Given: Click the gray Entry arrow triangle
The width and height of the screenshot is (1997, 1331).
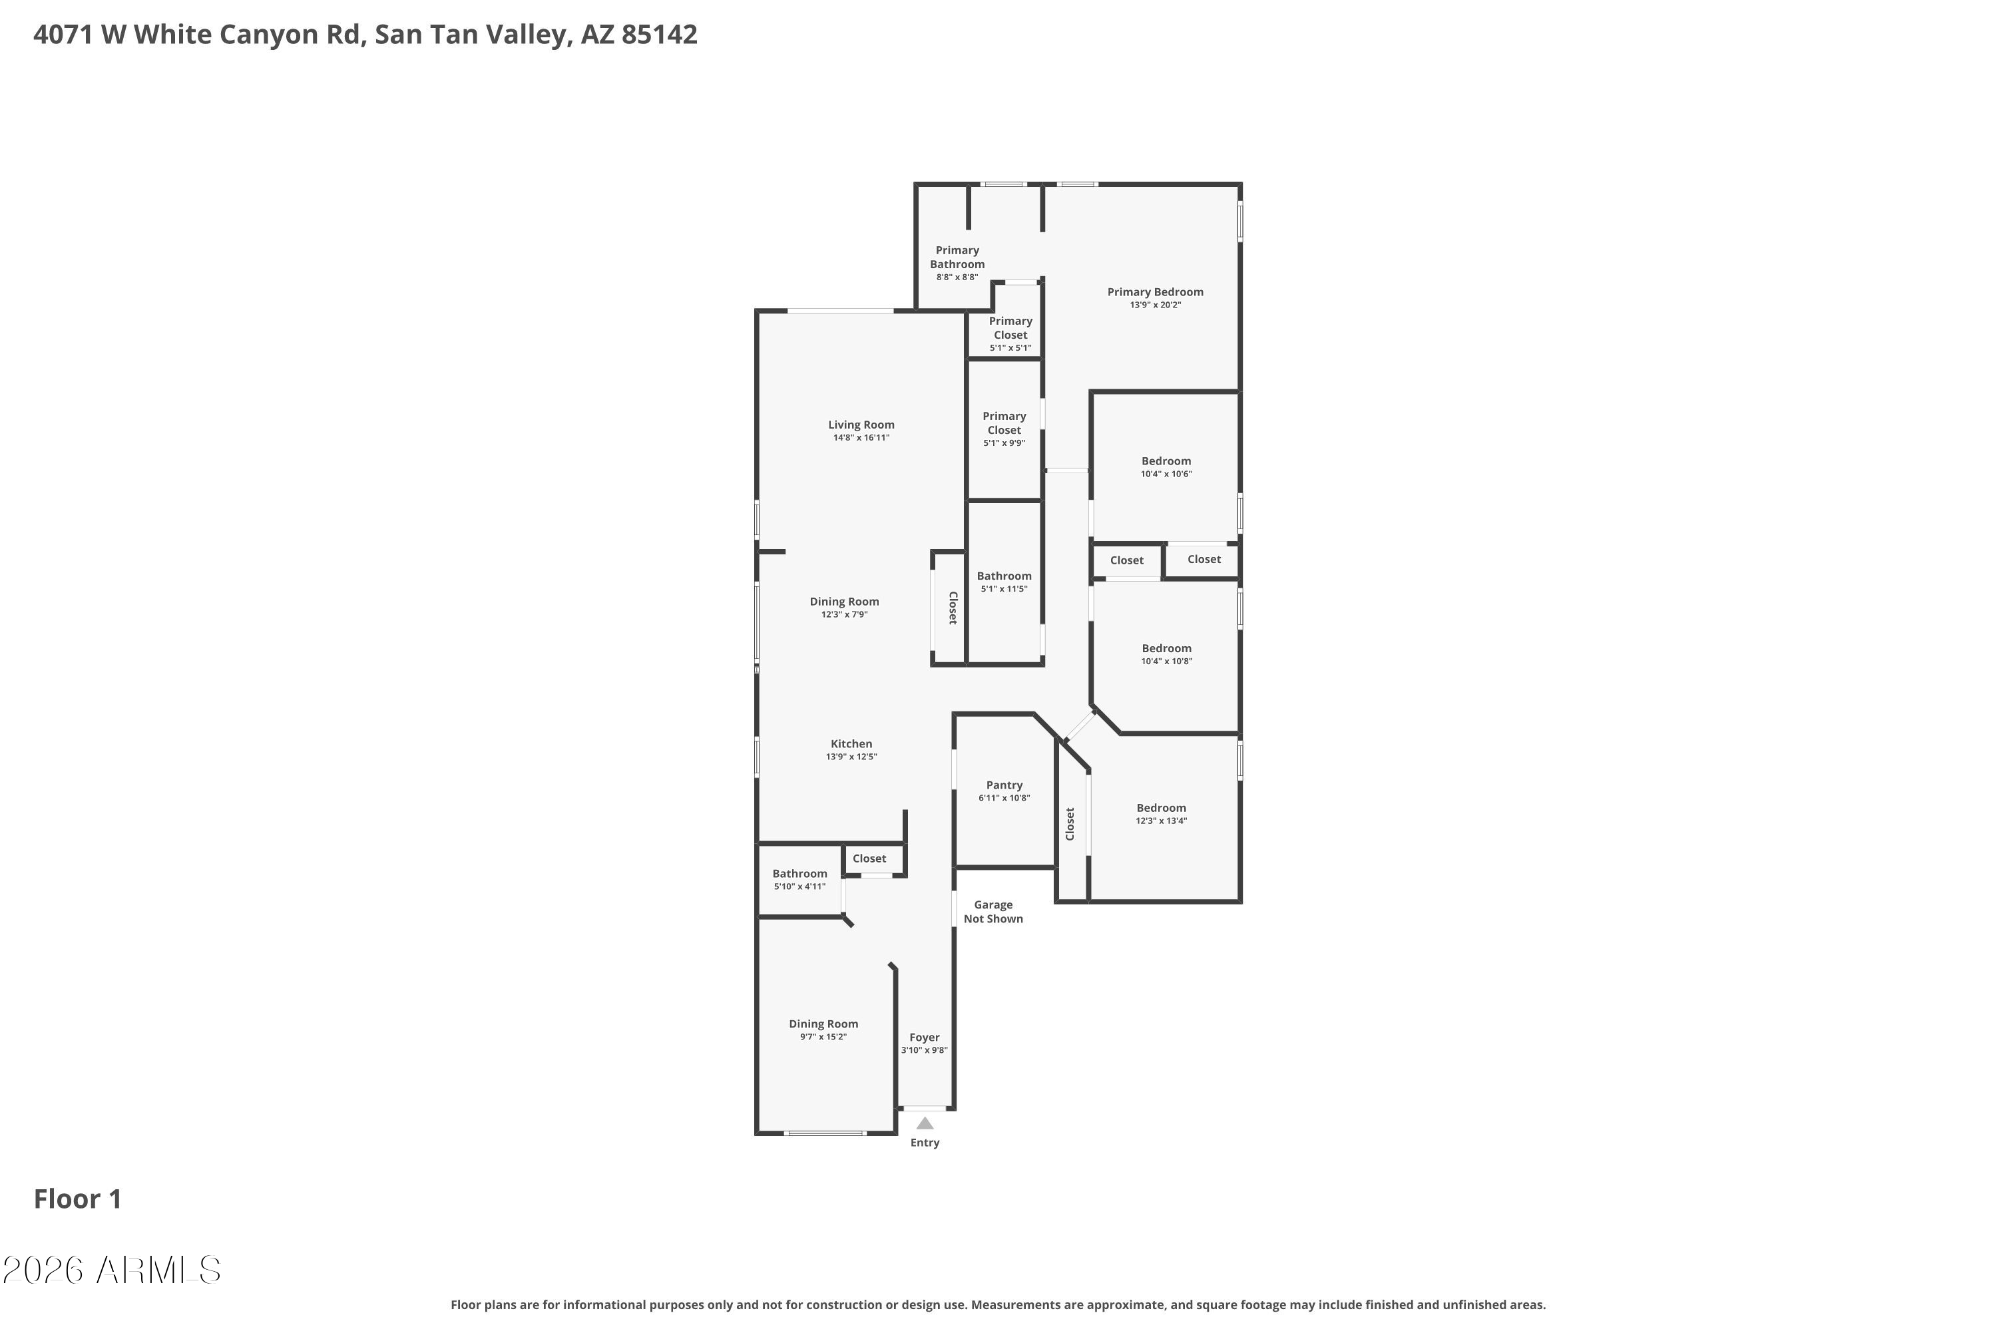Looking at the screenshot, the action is (925, 1123).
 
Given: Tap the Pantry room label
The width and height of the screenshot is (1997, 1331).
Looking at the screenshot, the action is (1004, 785).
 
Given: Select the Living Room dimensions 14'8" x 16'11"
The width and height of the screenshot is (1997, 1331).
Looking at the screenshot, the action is (861, 438).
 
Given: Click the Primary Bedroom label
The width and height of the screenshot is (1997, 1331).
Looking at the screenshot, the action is (1155, 292).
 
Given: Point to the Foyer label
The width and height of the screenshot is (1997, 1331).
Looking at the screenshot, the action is (925, 1038).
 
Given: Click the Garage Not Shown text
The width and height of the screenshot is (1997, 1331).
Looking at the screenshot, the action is (993, 912).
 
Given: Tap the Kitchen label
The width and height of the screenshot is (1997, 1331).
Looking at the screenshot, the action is (851, 743).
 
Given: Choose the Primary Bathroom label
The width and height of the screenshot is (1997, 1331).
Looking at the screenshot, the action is (958, 257).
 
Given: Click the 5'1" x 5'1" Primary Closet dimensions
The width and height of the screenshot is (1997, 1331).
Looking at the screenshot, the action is (1010, 348).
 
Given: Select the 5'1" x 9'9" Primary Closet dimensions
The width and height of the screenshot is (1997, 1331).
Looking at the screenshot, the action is (1004, 443).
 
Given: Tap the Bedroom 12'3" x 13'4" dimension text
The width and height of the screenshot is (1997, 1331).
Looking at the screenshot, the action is (1162, 821).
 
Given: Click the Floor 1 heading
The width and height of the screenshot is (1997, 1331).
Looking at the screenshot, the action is (78, 1199).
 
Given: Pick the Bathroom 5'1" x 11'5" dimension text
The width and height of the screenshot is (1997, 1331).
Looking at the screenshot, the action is (1004, 589).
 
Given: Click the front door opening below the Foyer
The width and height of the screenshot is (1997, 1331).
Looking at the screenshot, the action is (925, 1109).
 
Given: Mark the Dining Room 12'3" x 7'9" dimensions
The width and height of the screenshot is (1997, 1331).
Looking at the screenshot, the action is (845, 614).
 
